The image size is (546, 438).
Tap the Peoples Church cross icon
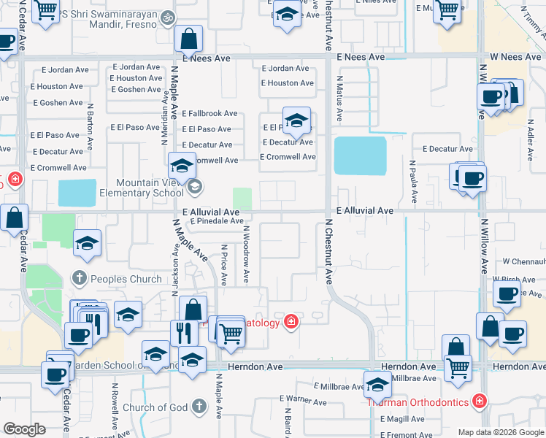pyautogui.click(x=80, y=278)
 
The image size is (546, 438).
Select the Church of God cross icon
pyautogui.click(x=199, y=407)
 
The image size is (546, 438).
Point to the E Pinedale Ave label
pyautogui.click(x=217, y=220)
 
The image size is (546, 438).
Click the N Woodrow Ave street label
pyautogui.click(x=247, y=254)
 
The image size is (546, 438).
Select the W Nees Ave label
pyautogui.click(x=515, y=57)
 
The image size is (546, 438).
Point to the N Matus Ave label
pyautogui.click(x=339, y=101)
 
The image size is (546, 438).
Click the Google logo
pyautogui.click(x=24, y=429)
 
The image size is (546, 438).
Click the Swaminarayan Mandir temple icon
pyautogui.click(x=168, y=15)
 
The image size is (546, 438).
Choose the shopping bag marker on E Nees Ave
pyautogui.click(x=189, y=37)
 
